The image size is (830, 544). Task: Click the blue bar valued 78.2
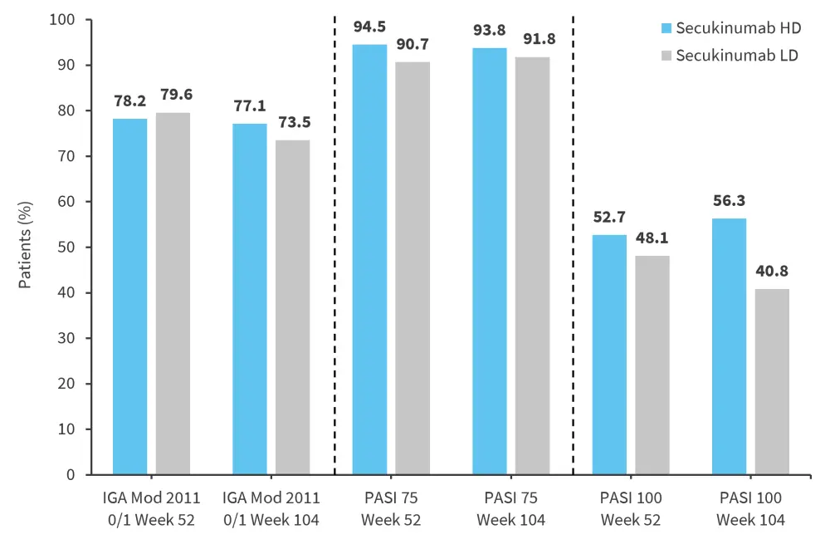click(x=130, y=297)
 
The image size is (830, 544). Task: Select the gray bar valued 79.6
click(x=173, y=293)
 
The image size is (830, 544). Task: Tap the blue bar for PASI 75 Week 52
click(x=369, y=259)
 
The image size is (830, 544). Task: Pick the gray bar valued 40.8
click(x=771, y=382)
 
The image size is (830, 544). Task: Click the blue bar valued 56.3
click(x=729, y=346)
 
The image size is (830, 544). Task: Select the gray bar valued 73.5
click(x=292, y=307)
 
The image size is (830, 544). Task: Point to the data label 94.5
click(x=369, y=27)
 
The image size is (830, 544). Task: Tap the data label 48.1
click(x=652, y=238)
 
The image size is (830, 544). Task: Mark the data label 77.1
click(x=250, y=106)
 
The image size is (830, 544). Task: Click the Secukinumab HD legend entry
click(x=731, y=28)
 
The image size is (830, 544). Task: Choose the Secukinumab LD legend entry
click(x=731, y=56)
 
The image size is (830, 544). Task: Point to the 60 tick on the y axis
click(x=68, y=202)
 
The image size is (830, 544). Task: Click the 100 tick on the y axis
click(x=64, y=20)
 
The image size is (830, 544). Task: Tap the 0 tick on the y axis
click(x=72, y=475)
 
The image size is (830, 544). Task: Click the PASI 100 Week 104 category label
click(x=749, y=508)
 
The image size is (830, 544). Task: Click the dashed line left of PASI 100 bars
click(x=574, y=249)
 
